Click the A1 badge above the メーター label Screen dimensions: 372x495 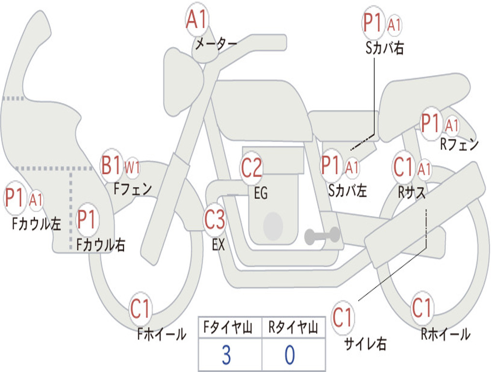[197, 20]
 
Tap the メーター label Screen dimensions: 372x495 [216, 44]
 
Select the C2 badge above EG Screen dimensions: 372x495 [252, 168]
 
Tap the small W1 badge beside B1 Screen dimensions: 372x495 [132, 168]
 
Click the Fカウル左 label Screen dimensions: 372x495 [37, 223]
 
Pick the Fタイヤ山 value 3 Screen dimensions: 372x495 [226, 355]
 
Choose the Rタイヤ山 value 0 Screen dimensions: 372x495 [290, 355]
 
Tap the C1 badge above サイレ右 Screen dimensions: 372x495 [343, 317]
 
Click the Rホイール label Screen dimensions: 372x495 [445, 334]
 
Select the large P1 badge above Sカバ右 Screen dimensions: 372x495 [373, 23]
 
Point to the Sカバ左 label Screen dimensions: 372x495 [347, 190]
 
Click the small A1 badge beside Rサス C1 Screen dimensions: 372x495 [424, 170]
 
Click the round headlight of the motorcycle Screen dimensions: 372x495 [184, 82]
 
